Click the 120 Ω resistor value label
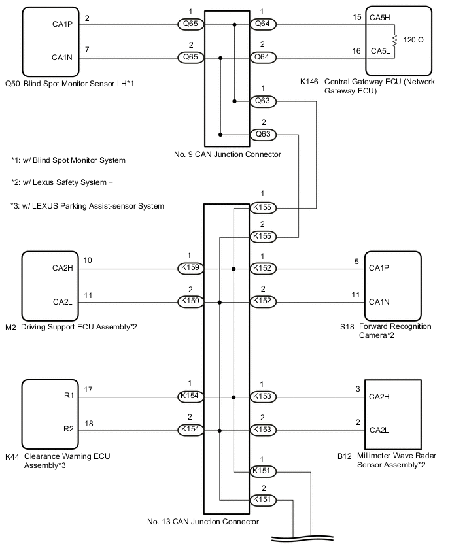414,40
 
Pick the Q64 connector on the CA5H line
263,25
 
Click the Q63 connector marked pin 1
263,101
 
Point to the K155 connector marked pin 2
263,237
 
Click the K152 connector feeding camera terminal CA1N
263,303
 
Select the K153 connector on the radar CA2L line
263,431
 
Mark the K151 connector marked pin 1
263,471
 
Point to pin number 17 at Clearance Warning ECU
88,390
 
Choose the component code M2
10,326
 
